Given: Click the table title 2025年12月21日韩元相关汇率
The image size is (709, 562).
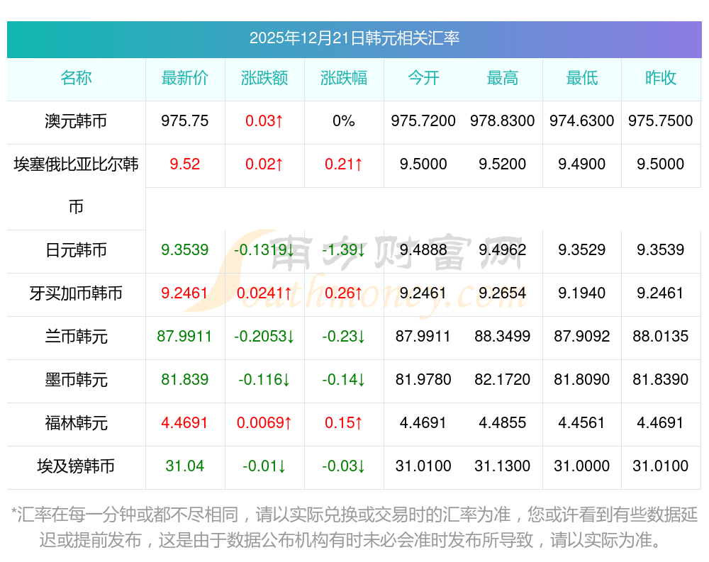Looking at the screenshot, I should coord(354,38).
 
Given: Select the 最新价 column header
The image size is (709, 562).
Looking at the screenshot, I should coord(185,79).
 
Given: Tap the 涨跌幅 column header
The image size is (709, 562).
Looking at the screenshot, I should coord(344,79).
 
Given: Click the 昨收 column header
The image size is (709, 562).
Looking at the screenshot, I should coord(661,79).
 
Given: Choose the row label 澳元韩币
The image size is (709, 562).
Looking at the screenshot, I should coord(76,121).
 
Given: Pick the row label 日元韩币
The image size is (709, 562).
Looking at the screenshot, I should coord(76,250).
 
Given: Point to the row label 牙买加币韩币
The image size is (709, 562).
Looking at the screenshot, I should coord(76,293).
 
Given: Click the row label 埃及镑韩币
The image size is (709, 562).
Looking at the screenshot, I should coord(76,466).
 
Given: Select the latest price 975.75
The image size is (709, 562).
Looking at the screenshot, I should coord(185,121).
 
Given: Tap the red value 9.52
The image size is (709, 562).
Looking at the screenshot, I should coord(185,164).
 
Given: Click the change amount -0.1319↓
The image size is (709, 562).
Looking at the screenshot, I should coord(264,250).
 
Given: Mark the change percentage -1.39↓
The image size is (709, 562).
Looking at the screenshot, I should coord(344,250).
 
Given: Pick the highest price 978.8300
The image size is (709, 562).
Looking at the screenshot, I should coord(503,121).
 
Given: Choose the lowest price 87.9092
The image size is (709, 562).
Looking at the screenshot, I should coord(582,337).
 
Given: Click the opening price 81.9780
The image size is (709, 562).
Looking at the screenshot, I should coord(423,380).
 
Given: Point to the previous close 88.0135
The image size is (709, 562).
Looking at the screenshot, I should coord(661,337).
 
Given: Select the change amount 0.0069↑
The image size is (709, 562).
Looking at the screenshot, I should coord(264,423).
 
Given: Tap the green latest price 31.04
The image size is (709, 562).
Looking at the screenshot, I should coord(185,466).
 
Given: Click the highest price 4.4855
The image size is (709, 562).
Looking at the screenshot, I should coord(503,423).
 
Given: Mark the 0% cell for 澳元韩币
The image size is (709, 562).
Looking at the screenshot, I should coord(344,121).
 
